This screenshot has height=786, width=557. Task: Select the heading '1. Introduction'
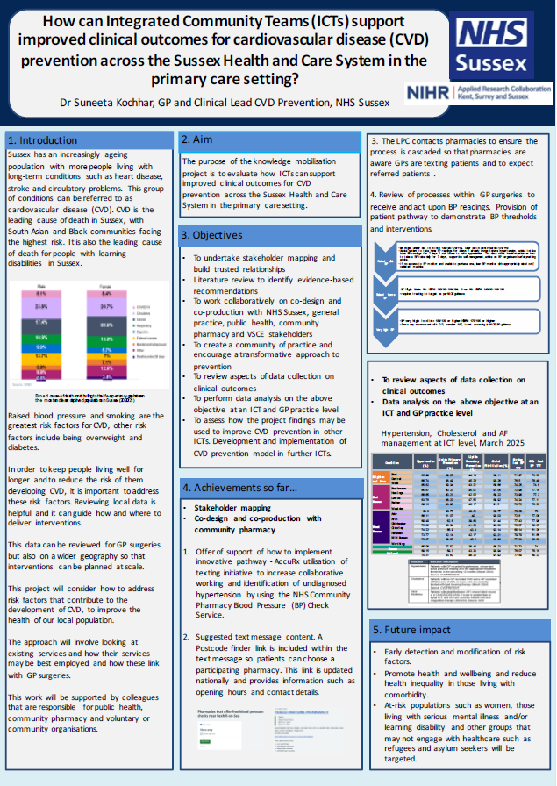click(x=43, y=140)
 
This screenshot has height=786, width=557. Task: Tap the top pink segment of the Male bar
click(x=41, y=294)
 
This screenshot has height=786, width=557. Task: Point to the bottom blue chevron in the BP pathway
click(x=385, y=329)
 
